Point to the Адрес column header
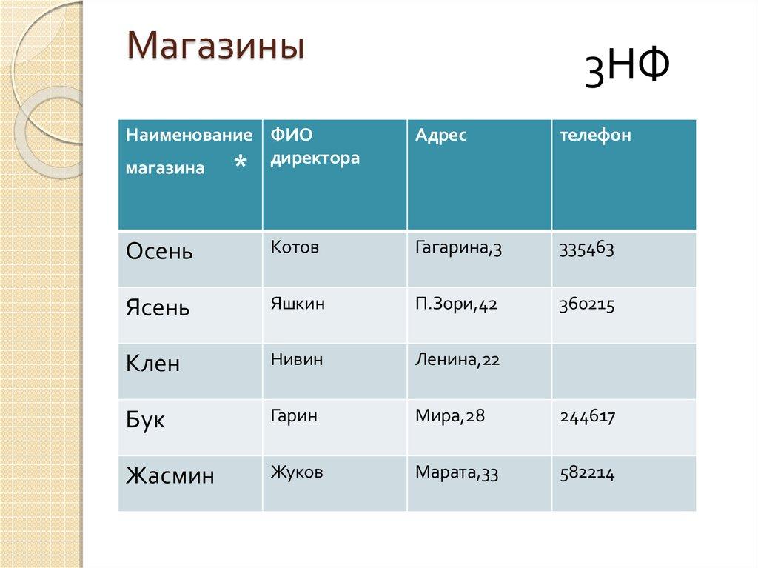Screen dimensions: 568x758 pyautogui.click(x=441, y=136)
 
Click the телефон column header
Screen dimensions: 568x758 pyautogui.click(x=595, y=136)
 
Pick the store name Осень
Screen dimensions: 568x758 pyautogui.click(x=159, y=251)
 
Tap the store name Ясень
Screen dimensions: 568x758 pyautogui.click(x=158, y=307)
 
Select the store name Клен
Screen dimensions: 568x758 pyautogui.click(x=152, y=364)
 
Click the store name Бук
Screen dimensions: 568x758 pyautogui.click(x=145, y=420)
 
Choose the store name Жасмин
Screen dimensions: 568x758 pyautogui.click(x=170, y=475)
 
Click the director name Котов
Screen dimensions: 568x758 pyautogui.click(x=295, y=247)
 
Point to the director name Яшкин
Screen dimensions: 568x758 pyautogui.click(x=298, y=304)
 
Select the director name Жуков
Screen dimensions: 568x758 pyautogui.click(x=296, y=472)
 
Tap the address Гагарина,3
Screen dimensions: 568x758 pyautogui.click(x=459, y=248)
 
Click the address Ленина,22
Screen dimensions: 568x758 pyautogui.click(x=457, y=361)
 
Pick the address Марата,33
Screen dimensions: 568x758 pyautogui.click(x=457, y=472)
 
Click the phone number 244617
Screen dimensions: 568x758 pyautogui.click(x=588, y=416)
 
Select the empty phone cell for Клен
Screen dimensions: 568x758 pyautogui.click(x=623, y=371)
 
